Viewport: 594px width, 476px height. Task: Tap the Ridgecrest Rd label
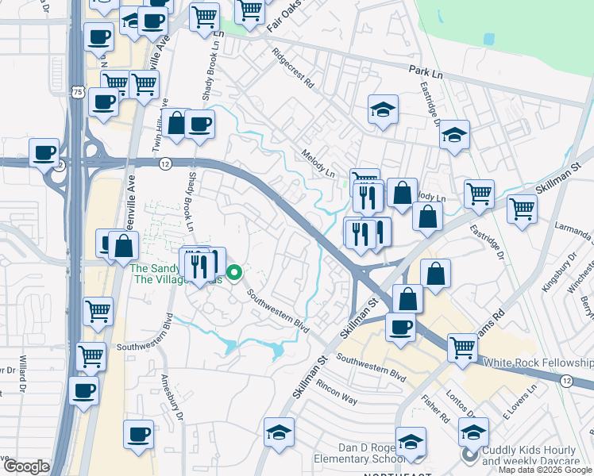click(x=293, y=71)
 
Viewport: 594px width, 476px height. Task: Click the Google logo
click(x=25, y=466)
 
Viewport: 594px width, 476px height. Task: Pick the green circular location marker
click(x=234, y=274)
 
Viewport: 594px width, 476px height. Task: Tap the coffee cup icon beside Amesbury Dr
click(x=139, y=434)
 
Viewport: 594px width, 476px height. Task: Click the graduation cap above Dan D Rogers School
click(x=411, y=441)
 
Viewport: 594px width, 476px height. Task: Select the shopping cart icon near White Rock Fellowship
click(x=462, y=347)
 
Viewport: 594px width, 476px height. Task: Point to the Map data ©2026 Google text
click(x=545, y=470)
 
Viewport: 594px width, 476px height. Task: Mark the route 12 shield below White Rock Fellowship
click(x=565, y=382)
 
